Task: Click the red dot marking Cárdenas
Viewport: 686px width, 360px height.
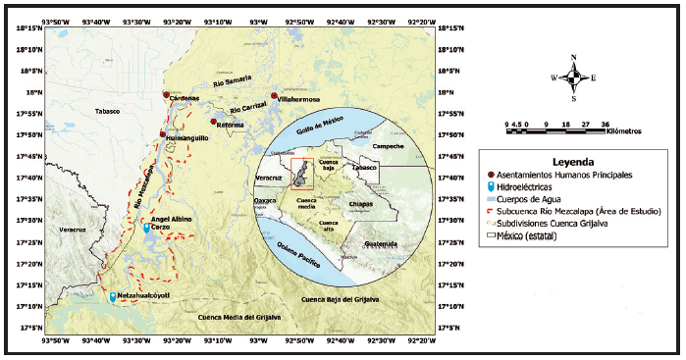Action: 167,94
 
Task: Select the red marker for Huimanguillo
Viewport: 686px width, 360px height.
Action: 163,134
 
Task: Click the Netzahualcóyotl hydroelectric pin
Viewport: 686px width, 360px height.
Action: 113,296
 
